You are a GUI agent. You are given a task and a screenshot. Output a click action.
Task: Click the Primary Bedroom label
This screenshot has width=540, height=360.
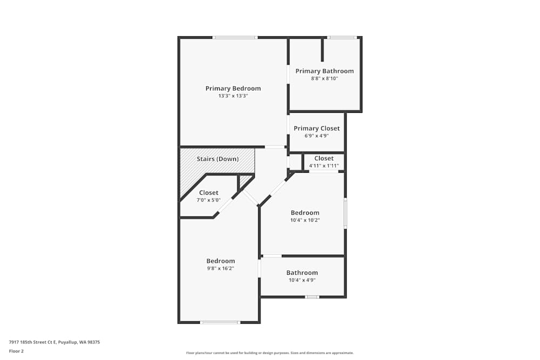point(233,89)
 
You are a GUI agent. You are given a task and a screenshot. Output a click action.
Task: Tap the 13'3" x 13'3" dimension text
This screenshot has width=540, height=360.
point(233,96)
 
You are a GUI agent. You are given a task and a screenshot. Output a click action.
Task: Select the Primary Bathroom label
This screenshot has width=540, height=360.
point(325,71)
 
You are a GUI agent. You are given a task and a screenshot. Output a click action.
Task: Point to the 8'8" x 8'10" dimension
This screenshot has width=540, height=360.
point(325,79)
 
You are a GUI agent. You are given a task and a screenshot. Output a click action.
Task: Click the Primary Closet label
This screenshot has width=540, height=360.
point(316,128)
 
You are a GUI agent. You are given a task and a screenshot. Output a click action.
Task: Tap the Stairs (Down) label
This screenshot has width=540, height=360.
point(218,159)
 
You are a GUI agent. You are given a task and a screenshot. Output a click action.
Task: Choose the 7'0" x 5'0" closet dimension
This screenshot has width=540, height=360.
point(209,200)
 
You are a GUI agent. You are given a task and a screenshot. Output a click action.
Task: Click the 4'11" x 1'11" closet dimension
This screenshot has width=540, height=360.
point(324,166)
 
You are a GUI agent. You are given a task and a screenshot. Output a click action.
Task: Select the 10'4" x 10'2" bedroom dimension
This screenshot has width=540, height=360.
point(305,220)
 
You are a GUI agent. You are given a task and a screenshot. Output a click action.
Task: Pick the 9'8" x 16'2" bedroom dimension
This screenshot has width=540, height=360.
point(220,268)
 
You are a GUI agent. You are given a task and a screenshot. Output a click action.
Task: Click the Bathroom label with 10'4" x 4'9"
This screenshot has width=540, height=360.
point(302,273)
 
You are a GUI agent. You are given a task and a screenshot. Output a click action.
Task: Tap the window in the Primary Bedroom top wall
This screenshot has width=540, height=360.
point(235,37)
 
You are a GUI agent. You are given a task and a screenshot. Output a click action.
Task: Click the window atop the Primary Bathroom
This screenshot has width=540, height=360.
point(342,37)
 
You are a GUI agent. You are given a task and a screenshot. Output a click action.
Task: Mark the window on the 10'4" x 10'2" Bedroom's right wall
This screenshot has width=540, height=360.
point(346,213)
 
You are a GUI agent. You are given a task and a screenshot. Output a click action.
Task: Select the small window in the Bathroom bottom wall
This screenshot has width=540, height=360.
point(312,297)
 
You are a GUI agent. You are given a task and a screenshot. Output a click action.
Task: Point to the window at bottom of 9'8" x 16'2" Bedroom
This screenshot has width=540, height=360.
point(220,322)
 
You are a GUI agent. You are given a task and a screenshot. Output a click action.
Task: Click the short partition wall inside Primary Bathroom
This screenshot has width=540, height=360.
point(322,50)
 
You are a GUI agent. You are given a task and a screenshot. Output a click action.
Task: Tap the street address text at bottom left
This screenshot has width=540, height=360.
point(55,342)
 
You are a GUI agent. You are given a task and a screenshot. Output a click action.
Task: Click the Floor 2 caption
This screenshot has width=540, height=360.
point(16,351)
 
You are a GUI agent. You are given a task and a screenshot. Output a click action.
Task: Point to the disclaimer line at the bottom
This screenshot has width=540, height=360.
point(270,353)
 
